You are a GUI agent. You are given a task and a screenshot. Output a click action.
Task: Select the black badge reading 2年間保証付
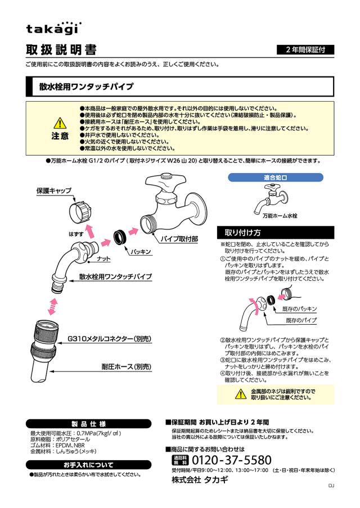tap(305, 50)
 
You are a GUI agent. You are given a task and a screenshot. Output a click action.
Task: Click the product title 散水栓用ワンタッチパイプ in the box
tap(87, 87)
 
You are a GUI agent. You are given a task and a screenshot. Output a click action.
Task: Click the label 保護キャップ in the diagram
tap(54, 191)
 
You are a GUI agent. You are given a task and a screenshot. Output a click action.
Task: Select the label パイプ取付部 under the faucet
tap(179, 239)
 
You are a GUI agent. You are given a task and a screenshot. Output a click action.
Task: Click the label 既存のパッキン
tap(299, 309)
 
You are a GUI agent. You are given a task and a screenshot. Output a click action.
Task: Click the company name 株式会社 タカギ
tap(201, 480)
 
